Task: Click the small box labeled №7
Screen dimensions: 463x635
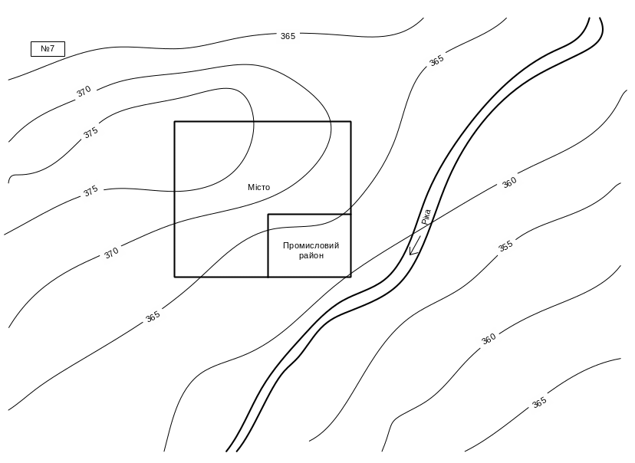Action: [x=48, y=49]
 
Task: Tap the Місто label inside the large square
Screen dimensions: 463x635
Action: [x=258, y=187]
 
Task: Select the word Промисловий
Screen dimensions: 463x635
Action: [x=311, y=245]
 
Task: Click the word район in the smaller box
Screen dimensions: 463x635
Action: [x=311, y=255]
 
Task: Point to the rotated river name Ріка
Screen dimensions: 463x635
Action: [x=426, y=218]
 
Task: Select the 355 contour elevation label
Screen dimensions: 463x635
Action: [x=505, y=246]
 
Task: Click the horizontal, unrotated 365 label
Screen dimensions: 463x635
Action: [x=288, y=36]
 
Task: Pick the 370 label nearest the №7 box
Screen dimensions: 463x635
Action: [x=84, y=90]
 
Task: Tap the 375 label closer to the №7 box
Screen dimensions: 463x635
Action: [x=90, y=133]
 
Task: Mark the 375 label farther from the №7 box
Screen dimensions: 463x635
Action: [x=91, y=191]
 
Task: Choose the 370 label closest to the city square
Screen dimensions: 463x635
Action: [x=112, y=252]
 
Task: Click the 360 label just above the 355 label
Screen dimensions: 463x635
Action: [x=509, y=183]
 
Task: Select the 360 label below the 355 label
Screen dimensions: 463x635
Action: [x=489, y=338]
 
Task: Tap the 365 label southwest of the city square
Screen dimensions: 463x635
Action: [x=153, y=316]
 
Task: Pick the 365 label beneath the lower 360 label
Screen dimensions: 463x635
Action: [x=539, y=402]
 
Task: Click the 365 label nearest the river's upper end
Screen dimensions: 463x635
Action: [x=436, y=60]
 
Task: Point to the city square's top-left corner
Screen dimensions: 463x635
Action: [x=175, y=122]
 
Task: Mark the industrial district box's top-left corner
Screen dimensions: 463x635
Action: [x=268, y=215]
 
